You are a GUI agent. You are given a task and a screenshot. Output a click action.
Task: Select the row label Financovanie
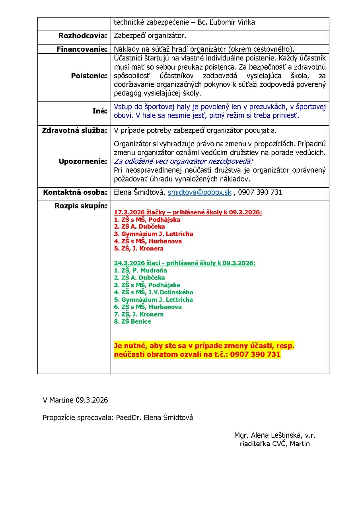point(82,49)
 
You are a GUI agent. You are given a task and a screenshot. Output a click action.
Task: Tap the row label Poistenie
point(89,76)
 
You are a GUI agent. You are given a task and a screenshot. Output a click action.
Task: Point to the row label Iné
point(99,111)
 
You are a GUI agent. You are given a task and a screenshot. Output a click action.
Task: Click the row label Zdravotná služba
point(75,130)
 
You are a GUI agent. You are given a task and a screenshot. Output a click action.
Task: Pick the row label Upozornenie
point(83,161)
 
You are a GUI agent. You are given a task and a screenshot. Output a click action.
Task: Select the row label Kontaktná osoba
point(75,192)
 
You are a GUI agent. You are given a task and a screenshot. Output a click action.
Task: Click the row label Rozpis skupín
point(81,206)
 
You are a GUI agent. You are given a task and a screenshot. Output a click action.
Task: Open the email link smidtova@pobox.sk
point(199,192)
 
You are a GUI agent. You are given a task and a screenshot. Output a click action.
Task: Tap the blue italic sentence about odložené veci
point(183,162)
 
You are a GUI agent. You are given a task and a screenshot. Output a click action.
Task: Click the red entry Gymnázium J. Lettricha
point(153,234)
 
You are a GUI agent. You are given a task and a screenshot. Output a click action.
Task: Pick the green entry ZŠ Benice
point(132,321)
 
